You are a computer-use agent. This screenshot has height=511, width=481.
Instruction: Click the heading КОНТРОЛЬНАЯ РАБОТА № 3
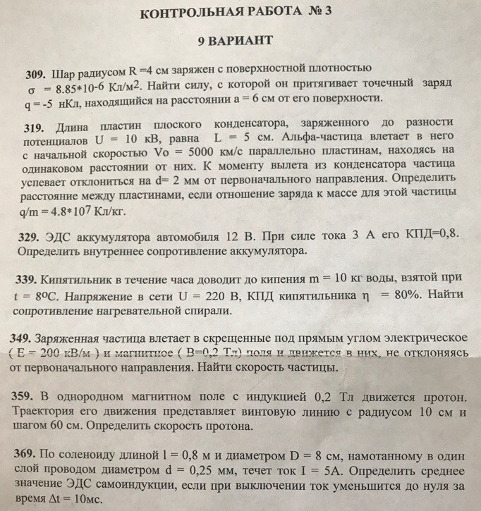coord(240,13)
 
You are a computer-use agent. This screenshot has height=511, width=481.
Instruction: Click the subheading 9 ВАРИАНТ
coord(236,42)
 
